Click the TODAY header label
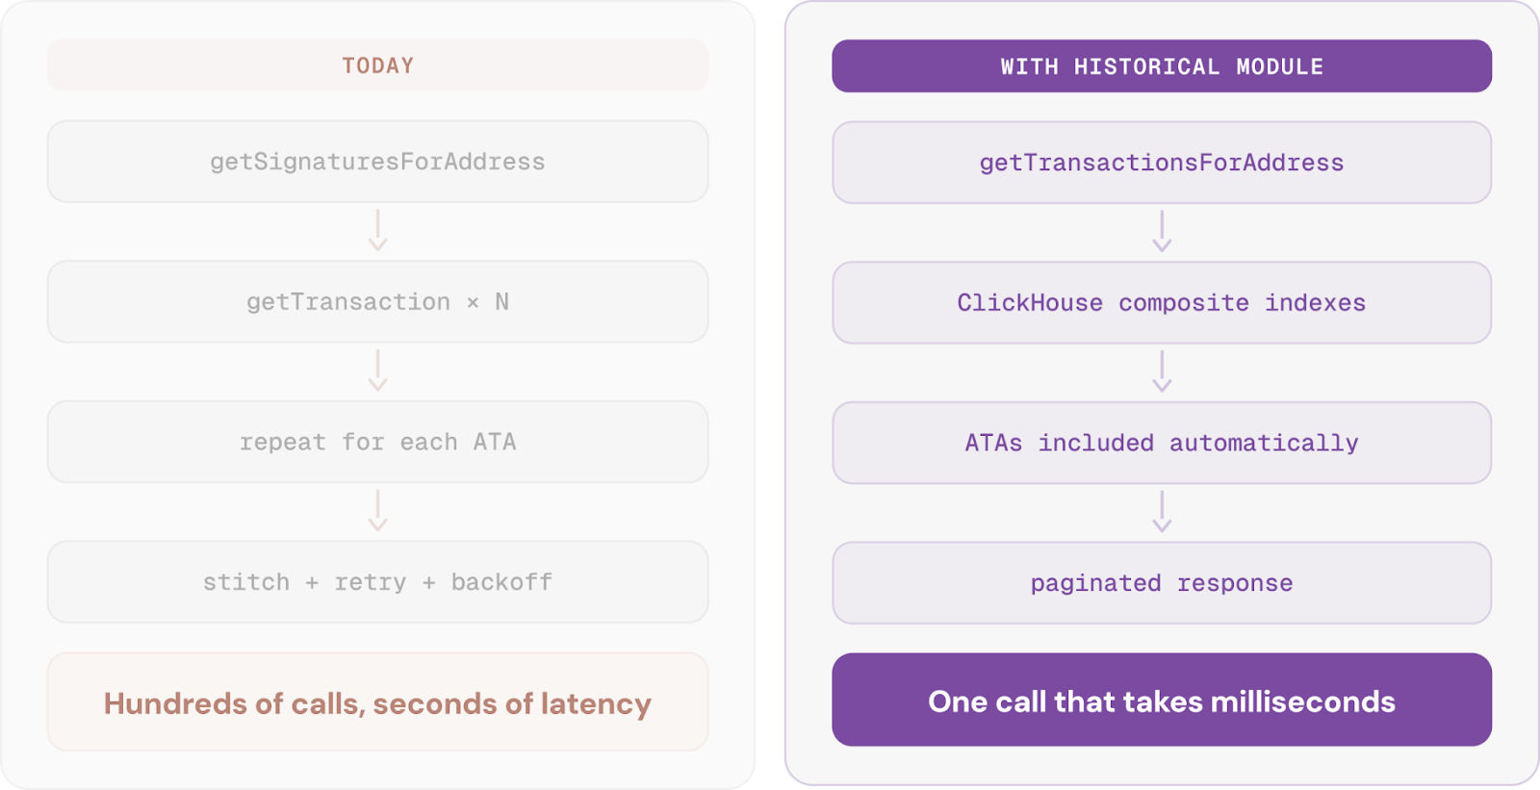[x=377, y=65]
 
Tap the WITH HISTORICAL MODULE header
[x=1162, y=66]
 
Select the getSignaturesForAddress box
[x=377, y=162]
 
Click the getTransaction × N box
[x=377, y=302]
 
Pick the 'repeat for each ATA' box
[x=377, y=442]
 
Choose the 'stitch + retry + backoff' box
[x=377, y=582]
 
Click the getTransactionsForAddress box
[x=1162, y=163]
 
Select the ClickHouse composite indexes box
[x=1162, y=303]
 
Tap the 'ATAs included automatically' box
[x=1162, y=443]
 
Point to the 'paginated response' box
[x=1162, y=583]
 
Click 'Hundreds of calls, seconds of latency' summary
[x=377, y=702]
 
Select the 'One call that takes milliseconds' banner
[x=1162, y=701]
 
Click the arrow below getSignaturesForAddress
[x=378, y=231]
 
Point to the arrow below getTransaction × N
[x=378, y=370]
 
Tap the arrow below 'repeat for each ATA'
[x=378, y=511]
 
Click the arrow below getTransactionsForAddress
[x=1162, y=232]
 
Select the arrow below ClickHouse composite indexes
[x=1162, y=371]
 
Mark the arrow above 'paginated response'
[x=1162, y=512]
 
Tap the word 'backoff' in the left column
[x=501, y=582]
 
